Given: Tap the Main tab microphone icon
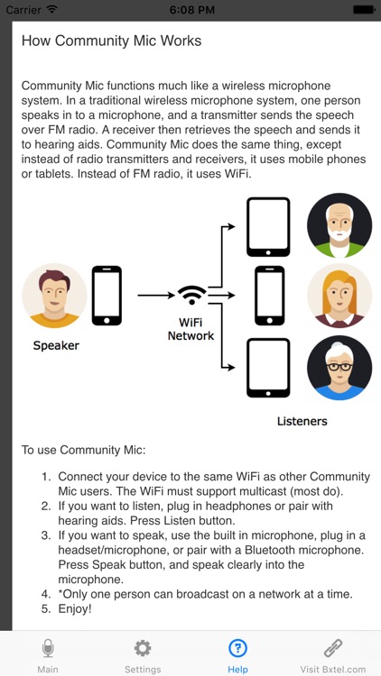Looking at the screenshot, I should (48, 648).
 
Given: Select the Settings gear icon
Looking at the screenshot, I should (143, 648).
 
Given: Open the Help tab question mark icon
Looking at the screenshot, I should (237, 648).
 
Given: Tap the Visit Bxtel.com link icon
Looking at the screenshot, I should (333, 648).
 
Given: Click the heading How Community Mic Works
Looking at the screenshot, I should (111, 41).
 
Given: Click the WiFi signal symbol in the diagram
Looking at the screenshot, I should (191, 295).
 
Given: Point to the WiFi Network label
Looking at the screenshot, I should (191, 328).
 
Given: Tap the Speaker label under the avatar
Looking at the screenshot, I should (56, 345).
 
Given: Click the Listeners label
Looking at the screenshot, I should (302, 421).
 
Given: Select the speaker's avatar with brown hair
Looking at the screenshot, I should (54, 295).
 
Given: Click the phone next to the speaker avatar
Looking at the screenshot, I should (107, 295).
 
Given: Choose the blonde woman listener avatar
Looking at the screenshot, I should (339, 295).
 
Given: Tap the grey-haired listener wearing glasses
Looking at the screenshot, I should (339, 367).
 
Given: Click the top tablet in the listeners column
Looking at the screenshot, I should (269, 226).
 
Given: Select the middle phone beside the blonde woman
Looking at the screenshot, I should (269, 295).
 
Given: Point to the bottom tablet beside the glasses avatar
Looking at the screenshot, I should (269, 367).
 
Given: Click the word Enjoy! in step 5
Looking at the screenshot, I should (79, 609).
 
